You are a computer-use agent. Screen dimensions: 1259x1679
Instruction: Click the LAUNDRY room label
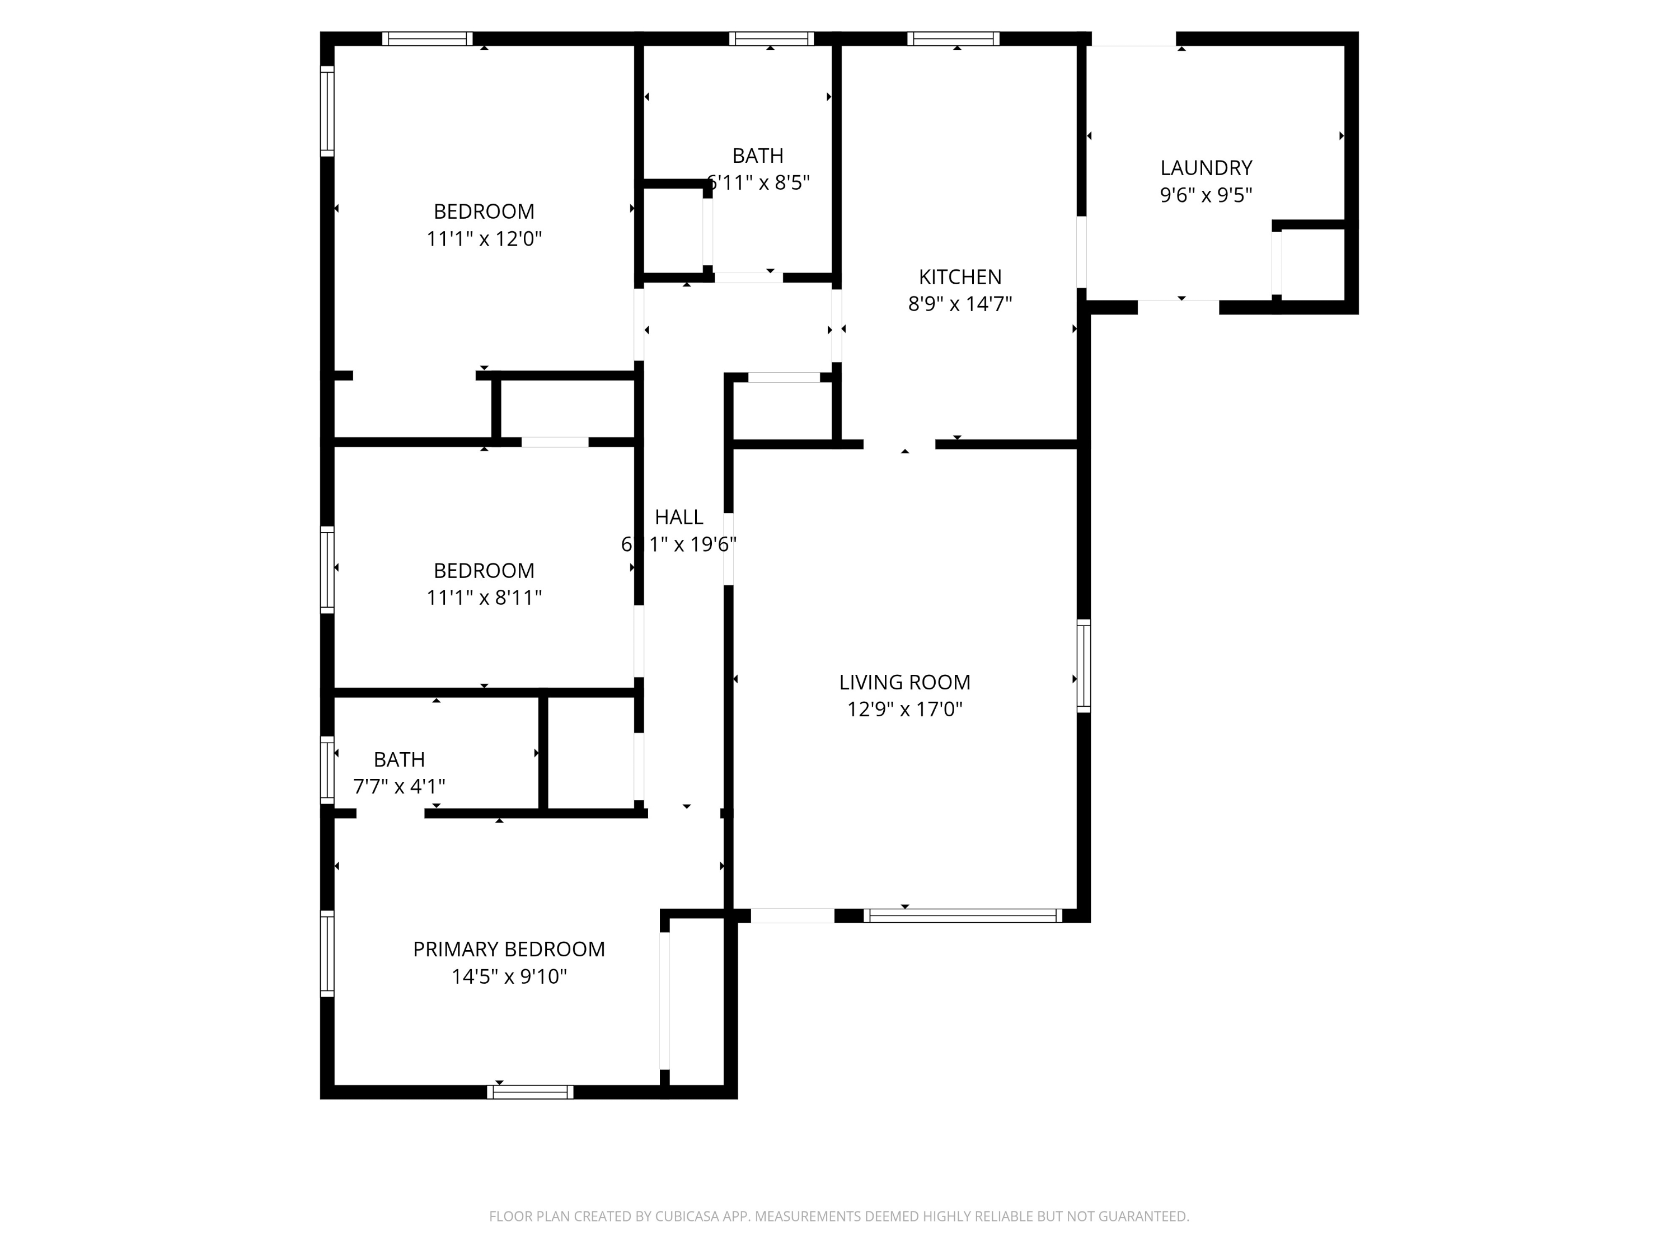[x=1206, y=168]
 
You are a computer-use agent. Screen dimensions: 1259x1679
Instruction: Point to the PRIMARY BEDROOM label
[x=509, y=950]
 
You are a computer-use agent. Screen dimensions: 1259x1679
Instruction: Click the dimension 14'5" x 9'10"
[x=509, y=976]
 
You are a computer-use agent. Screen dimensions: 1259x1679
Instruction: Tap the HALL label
[x=678, y=518]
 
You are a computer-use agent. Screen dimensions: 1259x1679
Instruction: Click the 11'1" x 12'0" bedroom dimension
[x=484, y=239]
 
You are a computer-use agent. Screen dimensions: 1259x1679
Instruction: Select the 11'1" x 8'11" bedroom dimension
[x=484, y=598]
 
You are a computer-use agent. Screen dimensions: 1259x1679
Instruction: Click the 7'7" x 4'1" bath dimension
[x=398, y=787]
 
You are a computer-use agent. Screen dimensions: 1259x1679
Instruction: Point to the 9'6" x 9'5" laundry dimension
[x=1206, y=195]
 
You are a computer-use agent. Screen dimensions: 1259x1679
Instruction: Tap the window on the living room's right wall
[x=1084, y=665]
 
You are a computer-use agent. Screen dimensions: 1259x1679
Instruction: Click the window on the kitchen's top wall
[x=953, y=39]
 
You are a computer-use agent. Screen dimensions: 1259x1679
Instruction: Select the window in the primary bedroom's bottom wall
[x=530, y=1092]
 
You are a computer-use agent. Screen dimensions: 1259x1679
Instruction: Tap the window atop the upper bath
[x=771, y=39]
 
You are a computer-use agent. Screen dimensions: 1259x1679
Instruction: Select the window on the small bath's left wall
[x=327, y=769]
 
